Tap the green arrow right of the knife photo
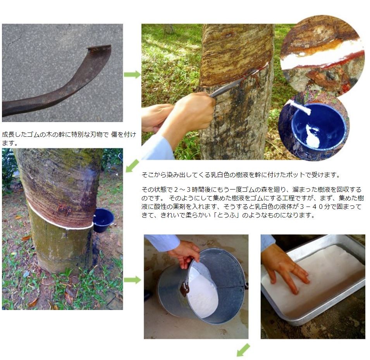point(132,75)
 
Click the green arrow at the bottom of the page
point(243,350)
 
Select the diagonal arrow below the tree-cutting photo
point(132,165)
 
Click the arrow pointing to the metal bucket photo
point(132,280)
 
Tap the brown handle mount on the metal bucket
point(184,288)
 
